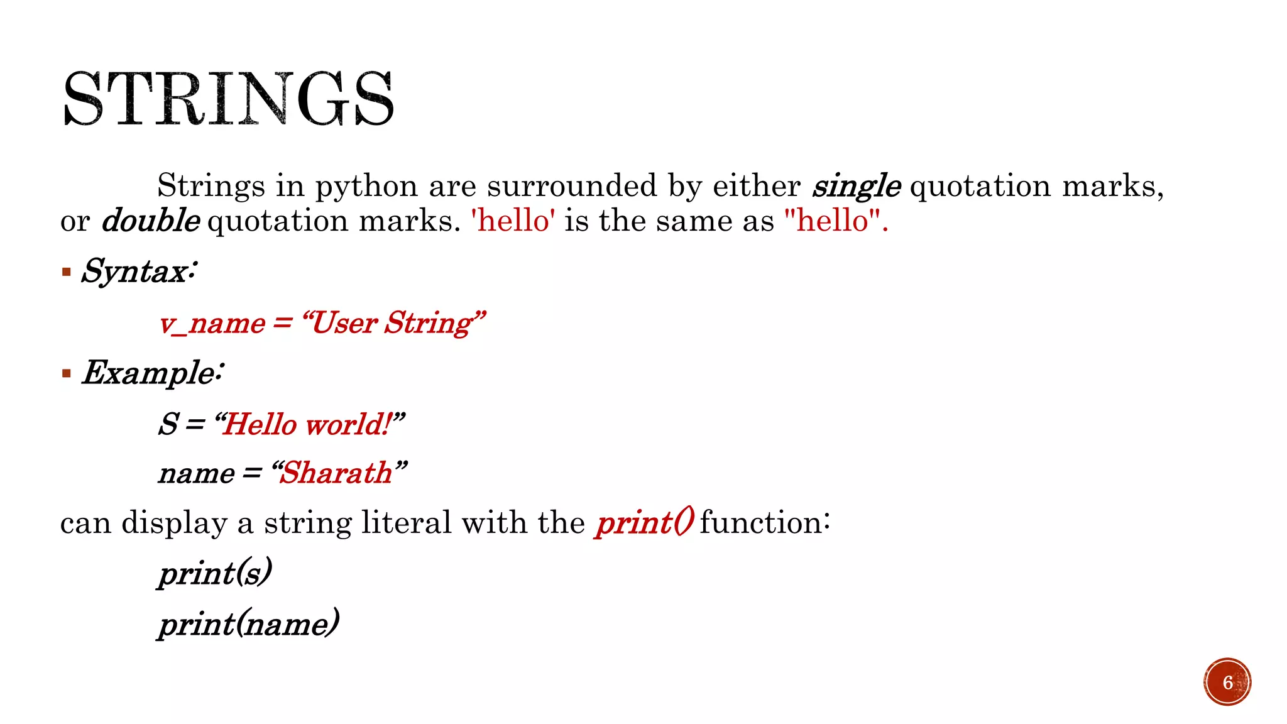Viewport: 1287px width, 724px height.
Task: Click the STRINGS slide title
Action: point(229,99)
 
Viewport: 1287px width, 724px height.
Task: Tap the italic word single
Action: point(856,186)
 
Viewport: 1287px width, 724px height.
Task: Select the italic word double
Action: point(151,221)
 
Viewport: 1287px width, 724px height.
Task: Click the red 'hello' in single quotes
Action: point(513,221)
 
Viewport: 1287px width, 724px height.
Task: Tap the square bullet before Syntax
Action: point(67,272)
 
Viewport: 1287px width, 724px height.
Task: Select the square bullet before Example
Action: point(67,373)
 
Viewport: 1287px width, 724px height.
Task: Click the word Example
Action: point(150,373)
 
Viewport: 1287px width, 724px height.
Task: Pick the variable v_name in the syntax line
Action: point(212,324)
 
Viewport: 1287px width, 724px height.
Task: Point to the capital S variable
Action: point(168,424)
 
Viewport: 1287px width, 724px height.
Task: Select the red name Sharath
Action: point(337,473)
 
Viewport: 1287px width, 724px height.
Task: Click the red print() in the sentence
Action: point(645,523)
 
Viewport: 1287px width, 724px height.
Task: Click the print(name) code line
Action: point(249,624)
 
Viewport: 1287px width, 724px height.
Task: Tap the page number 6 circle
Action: point(1227,682)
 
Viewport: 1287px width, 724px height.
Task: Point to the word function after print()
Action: point(764,523)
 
